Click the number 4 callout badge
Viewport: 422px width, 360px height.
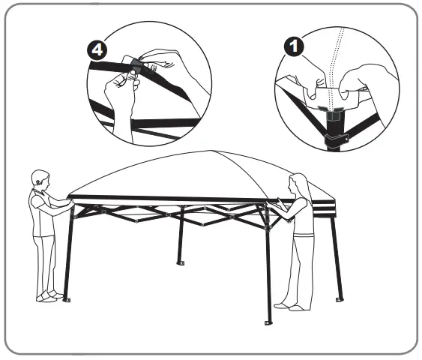pyautogui.click(x=97, y=50)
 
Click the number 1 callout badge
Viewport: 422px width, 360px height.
pyautogui.click(x=294, y=46)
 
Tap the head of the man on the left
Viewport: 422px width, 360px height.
pyautogui.click(x=40, y=179)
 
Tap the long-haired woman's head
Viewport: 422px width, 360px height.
pyautogui.click(x=298, y=186)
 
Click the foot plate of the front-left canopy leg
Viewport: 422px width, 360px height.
pyautogui.click(x=67, y=300)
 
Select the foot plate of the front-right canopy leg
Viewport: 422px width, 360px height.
pyautogui.click(x=268, y=322)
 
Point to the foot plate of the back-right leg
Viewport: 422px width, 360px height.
pyautogui.click(x=340, y=299)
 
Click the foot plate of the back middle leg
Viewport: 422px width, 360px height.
pyautogui.click(x=181, y=262)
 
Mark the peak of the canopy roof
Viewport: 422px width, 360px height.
pyautogui.click(x=212, y=151)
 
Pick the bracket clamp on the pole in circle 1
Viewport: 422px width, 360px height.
pyautogui.click(x=336, y=139)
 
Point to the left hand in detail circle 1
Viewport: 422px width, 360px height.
pyautogui.click(x=313, y=76)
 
